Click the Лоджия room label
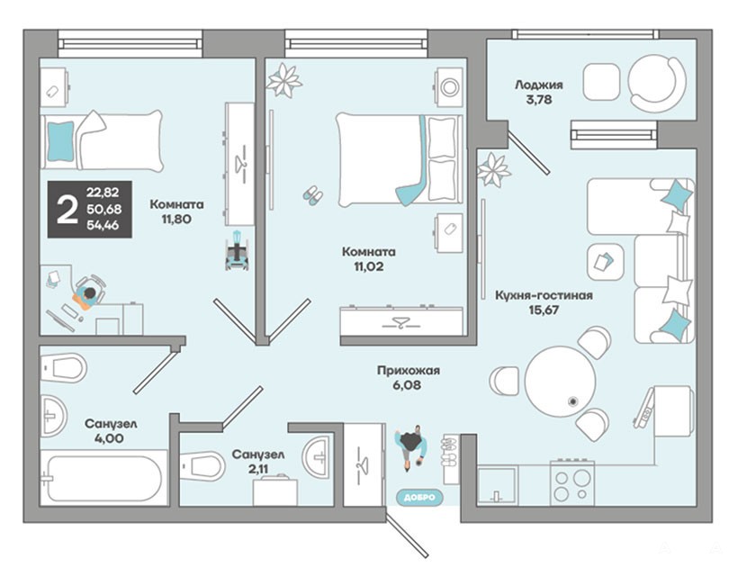(x=538, y=85)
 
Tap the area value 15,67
(x=543, y=310)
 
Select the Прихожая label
(x=408, y=371)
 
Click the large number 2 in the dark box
(x=67, y=210)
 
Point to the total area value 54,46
(x=103, y=225)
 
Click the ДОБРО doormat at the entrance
(x=419, y=497)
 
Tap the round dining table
(x=560, y=382)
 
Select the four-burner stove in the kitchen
(x=572, y=482)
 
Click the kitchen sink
(x=497, y=485)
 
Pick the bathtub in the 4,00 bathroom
(x=104, y=478)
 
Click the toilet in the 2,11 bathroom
(x=202, y=466)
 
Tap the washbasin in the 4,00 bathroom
(x=53, y=416)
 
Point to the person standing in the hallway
(x=412, y=446)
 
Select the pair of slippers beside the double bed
(x=312, y=194)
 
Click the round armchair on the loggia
(x=657, y=84)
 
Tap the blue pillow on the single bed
(x=60, y=140)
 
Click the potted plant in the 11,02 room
(x=283, y=80)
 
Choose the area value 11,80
(x=176, y=220)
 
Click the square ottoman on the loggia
(x=601, y=81)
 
